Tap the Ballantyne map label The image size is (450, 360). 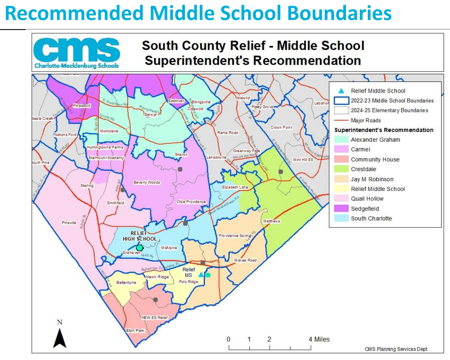pos(126,282)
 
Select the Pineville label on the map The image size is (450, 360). pos(69,223)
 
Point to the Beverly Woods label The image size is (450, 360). pos(147,182)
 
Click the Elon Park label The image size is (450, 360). pos(135,330)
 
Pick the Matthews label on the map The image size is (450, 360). pos(271,221)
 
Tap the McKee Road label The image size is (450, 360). pos(245,260)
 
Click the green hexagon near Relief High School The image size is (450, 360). pos(140,248)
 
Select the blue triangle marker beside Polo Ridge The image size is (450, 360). pos(201,275)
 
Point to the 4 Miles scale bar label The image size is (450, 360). pos(319,339)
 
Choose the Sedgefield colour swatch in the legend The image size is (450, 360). pos(341,209)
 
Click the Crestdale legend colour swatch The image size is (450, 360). pos(341,169)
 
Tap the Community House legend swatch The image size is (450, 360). pos(341,159)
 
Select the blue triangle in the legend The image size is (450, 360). pos(341,91)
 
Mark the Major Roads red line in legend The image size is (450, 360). pos(341,120)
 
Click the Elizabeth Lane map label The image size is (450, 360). pos(235,187)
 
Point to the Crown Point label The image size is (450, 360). pos(281,127)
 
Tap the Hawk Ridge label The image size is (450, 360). pos(157,277)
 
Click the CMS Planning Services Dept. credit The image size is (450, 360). pos(396,349)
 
